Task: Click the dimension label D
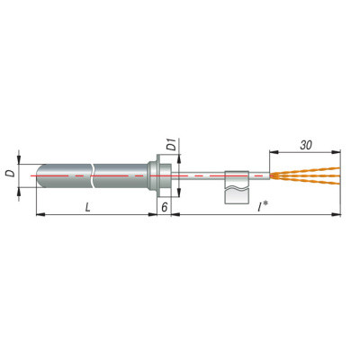point(11,173)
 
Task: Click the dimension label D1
point(171,145)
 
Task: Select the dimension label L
point(87,207)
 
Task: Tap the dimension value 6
point(165,207)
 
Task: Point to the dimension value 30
point(306,145)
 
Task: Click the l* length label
point(263,206)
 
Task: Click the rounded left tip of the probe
point(37,175)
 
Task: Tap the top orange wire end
point(338,168)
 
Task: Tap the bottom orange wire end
point(338,183)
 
